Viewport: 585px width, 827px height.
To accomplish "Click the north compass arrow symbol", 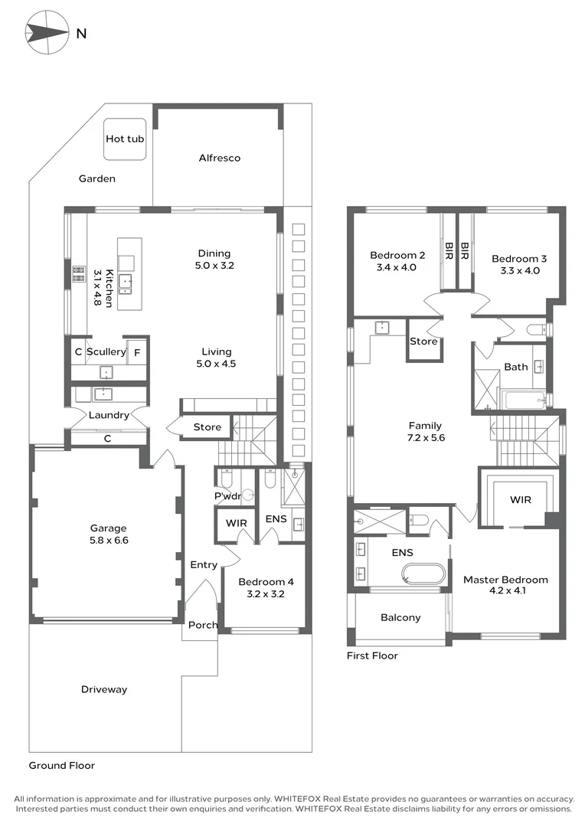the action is pos(47,33).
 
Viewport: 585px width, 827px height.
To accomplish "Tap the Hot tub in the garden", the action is pos(125,139).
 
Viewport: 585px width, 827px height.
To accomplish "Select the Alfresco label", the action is pos(220,158).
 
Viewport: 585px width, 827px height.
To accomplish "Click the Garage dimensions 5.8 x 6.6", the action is pos(109,540).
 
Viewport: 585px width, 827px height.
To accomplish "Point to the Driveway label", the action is pos(104,689).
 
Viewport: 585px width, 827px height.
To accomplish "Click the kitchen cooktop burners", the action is pos(79,273).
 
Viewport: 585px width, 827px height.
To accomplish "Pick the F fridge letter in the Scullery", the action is pos(137,352).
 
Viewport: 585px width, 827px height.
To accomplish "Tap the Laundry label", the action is pos(109,415).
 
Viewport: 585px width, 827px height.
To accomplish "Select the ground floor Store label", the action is pos(207,427).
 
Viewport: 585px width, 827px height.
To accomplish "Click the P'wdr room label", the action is pos(227,495).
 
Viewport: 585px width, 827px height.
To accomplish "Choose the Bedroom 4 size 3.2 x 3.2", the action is pos(266,594).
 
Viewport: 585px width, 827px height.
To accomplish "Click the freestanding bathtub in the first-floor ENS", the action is pos(423,574).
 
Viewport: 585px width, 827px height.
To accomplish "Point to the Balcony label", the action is pos(400,618).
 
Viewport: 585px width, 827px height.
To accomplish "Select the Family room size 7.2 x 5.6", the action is pos(426,438).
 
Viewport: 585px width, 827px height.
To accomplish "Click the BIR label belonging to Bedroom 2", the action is pos(449,250).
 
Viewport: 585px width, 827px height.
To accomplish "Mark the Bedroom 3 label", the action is pos(519,259).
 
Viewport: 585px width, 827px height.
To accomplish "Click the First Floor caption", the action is pos(372,655).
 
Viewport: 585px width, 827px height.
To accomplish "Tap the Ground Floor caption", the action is pos(62,765).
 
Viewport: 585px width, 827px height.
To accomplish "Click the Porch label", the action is pos(203,625).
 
